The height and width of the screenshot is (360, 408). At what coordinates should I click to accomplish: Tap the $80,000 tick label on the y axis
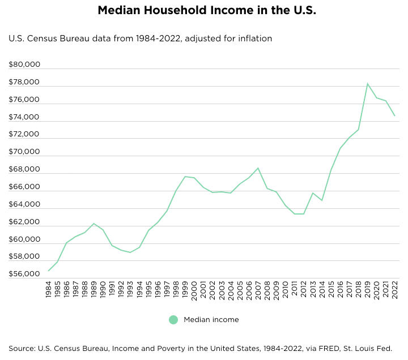tap(24, 65)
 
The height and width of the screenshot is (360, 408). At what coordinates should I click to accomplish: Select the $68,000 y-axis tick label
tap(24, 169)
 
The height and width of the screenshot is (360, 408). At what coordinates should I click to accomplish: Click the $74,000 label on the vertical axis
tap(24, 117)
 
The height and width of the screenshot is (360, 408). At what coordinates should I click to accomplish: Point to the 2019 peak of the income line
tap(367, 84)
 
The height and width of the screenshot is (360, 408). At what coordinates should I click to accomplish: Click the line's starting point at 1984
tap(49, 271)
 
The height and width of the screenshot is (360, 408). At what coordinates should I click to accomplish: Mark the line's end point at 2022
tap(394, 115)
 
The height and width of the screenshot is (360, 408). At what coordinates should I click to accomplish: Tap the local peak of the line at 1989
tap(94, 224)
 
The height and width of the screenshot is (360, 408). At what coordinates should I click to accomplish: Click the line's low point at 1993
tap(130, 252)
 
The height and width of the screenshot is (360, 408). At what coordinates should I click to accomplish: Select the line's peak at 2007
tap(258, 168)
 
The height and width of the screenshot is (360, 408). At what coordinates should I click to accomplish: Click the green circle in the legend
tap(173, 320)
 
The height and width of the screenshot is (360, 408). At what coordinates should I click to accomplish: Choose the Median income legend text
tap(211, 320)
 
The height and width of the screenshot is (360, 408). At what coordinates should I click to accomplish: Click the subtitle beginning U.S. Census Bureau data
tap(141, 39)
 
